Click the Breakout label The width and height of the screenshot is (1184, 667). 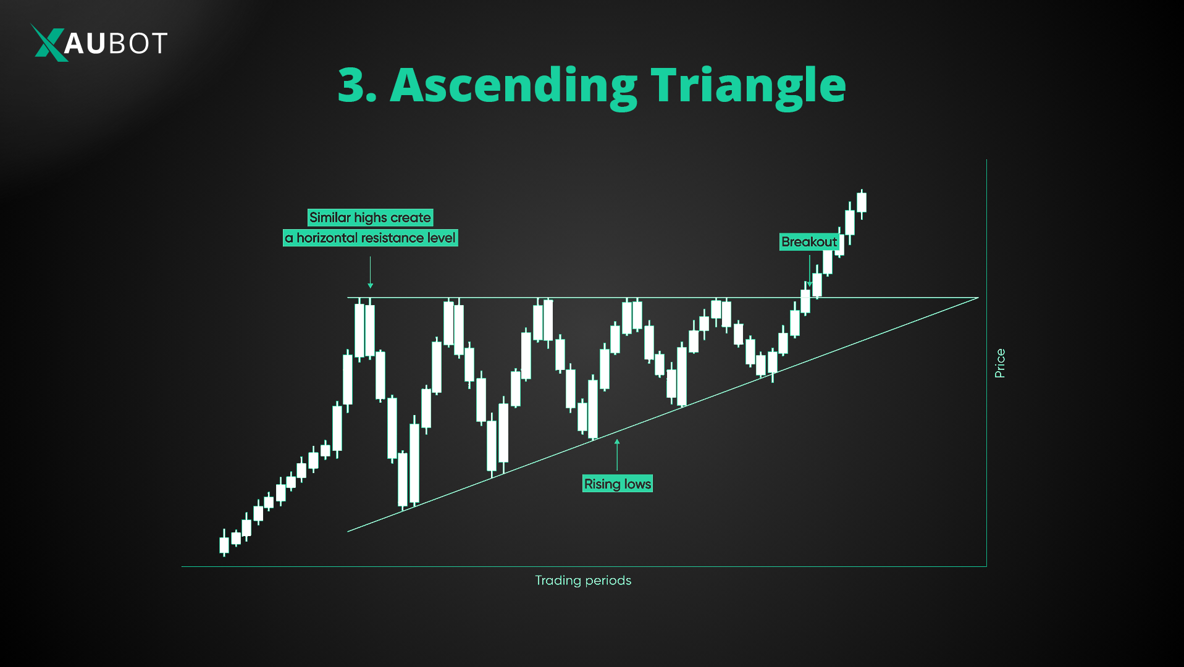809,242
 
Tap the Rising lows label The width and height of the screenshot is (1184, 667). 618,484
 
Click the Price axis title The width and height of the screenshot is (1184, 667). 1000,363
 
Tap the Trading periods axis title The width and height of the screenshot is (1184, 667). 583,581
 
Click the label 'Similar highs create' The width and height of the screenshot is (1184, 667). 370,217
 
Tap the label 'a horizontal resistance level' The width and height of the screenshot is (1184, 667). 370,238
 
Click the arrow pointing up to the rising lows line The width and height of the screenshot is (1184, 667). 617,454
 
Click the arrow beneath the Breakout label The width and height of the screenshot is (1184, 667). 810,271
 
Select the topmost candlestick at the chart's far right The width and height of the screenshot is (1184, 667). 862,203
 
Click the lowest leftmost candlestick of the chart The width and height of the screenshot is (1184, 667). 224,545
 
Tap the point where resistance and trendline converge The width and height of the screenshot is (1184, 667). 978,298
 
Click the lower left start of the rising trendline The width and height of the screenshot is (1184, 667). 348,531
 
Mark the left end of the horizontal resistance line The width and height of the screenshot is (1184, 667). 348,298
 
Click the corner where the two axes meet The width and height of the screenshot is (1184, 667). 986,566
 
